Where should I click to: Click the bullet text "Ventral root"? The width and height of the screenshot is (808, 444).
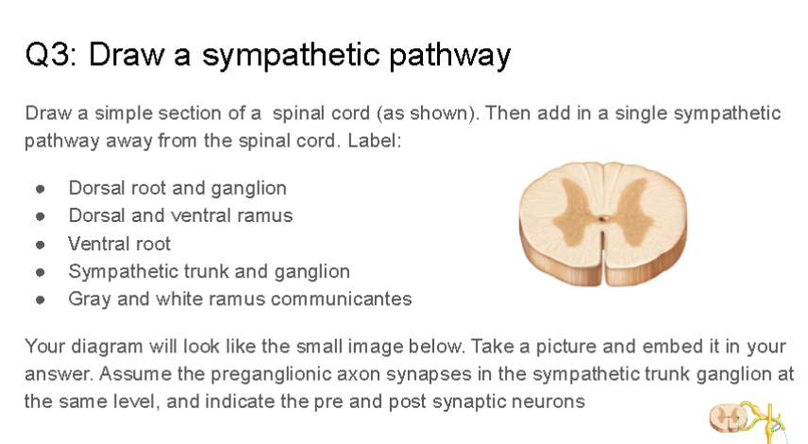click(119, 244)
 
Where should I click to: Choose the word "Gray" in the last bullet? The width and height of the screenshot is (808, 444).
click(88, 299)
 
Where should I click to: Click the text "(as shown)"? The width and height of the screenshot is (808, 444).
click(422, 113)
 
